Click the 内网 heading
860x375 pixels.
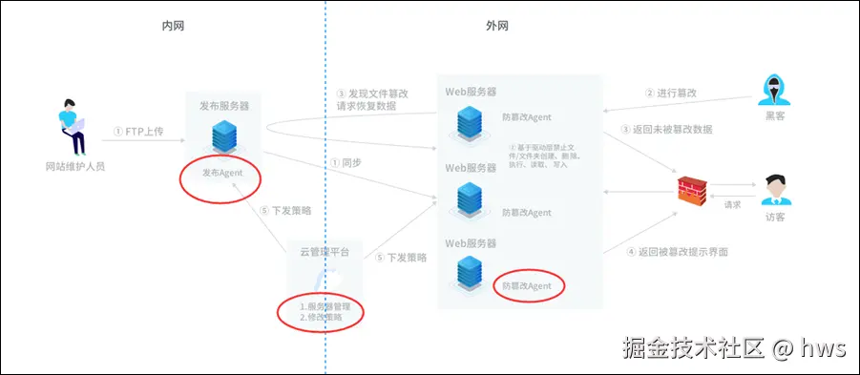click(x=173, y=26)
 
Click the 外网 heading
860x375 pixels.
click(x=497, y=26)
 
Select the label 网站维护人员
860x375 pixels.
click(x=75, y=166)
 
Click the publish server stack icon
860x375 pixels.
click(x=223, y=136)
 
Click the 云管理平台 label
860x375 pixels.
click(x=325, y=252)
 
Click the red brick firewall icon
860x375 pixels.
click(x=692, y=189)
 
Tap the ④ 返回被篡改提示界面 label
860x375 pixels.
click(x=677, y=252)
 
